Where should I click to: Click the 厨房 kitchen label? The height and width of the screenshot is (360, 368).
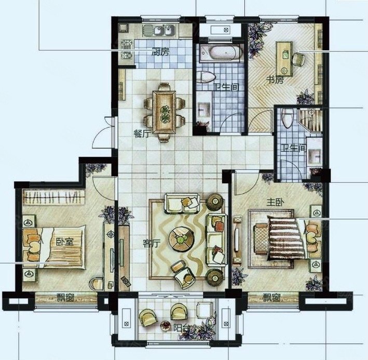[160, 52]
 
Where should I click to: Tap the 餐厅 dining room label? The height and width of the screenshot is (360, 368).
[142, 134]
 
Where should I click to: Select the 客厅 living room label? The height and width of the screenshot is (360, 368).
[152, 244]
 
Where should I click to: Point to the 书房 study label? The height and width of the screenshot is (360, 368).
[275, 80]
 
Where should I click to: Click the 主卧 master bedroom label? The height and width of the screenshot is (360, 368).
[275, 202]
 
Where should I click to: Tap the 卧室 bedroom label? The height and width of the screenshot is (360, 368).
[65, 241]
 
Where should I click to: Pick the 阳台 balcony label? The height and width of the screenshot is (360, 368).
[182, 328]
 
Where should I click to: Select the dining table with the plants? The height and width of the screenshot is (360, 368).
[164, 112]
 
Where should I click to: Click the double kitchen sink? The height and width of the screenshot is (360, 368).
[162, 31]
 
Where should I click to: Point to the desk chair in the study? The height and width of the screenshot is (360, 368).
[298, 59]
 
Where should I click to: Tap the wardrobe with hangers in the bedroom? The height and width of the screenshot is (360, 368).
[53, 197]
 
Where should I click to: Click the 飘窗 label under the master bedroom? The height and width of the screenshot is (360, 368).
[271, 298]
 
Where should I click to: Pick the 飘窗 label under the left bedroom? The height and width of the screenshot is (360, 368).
[65, 298]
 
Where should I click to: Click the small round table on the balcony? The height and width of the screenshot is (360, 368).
[165, 326]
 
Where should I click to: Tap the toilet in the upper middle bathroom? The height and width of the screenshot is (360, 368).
[206, 77]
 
